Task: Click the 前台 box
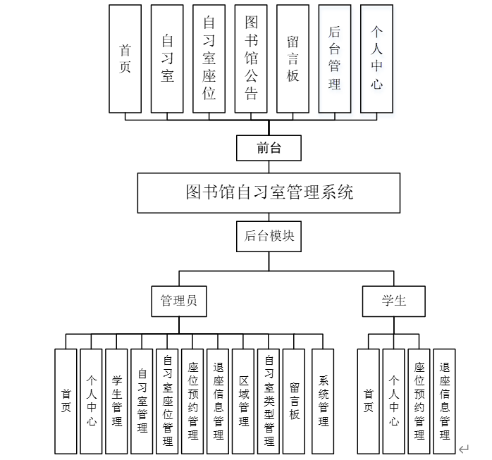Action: click(x=269, y=149)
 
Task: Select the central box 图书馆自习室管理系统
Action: click(x=269, y=192)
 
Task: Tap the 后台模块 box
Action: click(x=269, y=237)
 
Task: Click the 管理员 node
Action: click(x=179, y=301)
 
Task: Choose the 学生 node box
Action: click(x=394, y=301)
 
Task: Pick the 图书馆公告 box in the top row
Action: click(x=251, y=58)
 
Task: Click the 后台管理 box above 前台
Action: click(x=335, y=58)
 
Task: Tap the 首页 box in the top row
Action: click(x=125, y=58)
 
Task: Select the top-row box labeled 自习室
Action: click(x=167, y=58)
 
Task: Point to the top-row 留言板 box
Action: click(x=293, y=58)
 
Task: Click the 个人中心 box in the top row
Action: click(x=376, y=58)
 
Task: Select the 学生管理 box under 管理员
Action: click(x=116, y=402)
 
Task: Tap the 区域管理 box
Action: click(x=243, y=402)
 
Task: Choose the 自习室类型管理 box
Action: click(x=269, y=402)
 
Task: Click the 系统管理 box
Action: click(x=323, y=402)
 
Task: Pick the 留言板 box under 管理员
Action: click(x=294, y=402)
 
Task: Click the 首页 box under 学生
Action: click(x=369, y=402)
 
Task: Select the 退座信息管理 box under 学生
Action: click(x=444, y=402)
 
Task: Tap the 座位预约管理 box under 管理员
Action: click(x=192, y=402)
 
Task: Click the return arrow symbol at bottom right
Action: click(x=463, y=448)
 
